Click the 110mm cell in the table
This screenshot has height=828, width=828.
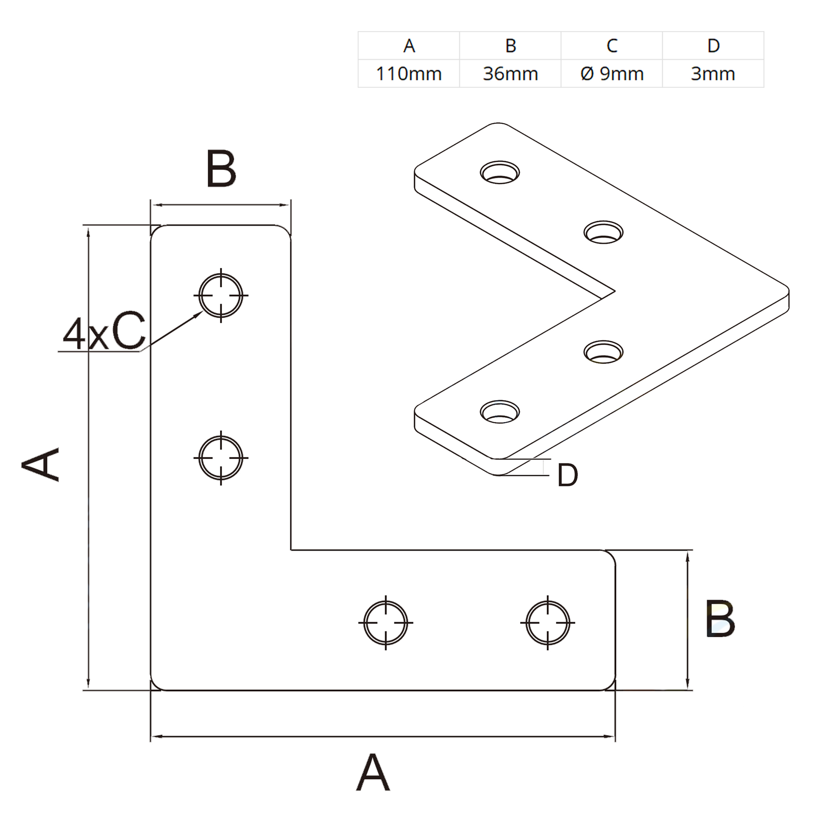(408, 74)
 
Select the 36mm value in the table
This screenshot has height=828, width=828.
(510, 74)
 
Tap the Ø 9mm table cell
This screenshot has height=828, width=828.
(612, 74)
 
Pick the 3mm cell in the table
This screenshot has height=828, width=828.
(713, 74)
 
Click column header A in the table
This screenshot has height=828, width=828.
(409, 45)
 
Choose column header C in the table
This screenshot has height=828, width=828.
(612, 45)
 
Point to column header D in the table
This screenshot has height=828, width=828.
(713, 45)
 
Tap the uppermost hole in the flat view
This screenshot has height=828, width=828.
(221, 295)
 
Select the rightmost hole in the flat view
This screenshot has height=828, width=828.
(548, 622)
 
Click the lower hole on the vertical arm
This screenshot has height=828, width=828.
(221, 458)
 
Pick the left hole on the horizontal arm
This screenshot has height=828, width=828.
(386, 622)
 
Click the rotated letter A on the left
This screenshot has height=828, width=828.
(41, 465)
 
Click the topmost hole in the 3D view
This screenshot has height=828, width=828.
(500, 173)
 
